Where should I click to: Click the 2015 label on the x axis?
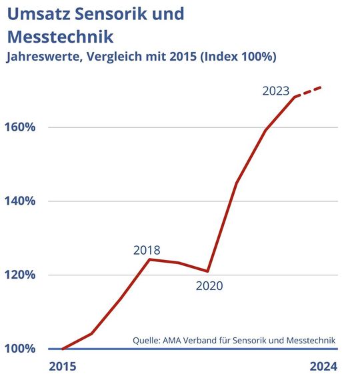pyautogui.click(x=63, y=366)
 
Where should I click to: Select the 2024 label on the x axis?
pyautogui.click(x=324, y=366)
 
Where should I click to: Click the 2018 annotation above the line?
pyautogui.click(x=147, y=251)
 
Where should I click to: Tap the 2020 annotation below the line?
pyautogui.click(x=209, y=286)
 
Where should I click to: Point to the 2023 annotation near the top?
pyautogui.click(x=275, y=91)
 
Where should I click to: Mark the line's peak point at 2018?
pyautogui.click(x=149, y=259)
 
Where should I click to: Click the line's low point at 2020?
pyautogui.click(x=208, y=271)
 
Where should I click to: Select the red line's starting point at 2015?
pyautogui.click(x=62, y=349)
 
